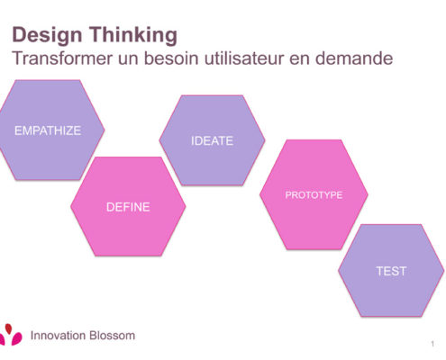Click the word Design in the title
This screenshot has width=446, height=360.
pos(47,35)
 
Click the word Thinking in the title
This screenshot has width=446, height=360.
pos(133,34)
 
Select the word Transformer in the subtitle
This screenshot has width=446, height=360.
pos(62,58)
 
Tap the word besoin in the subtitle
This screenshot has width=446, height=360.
pos(171,58)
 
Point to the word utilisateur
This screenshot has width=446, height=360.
pos(244,58)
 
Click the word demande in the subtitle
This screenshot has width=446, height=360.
pos(354,58)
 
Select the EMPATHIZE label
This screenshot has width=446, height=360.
pos(48,130)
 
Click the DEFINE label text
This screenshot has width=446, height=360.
pos(128,207)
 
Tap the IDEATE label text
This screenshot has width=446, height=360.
pos(212,140)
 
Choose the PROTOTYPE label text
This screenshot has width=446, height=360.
pos(314,195)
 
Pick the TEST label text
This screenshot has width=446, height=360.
pos(391,271)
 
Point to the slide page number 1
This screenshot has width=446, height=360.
pos(432,344)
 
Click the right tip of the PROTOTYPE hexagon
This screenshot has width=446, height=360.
pos(368,194)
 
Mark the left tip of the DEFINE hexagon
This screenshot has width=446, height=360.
pos(71,206)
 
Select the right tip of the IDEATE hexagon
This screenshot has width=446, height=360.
pos(265,139)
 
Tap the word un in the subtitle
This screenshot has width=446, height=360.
pos(128,59)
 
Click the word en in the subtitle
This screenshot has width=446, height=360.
pos(299,59)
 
